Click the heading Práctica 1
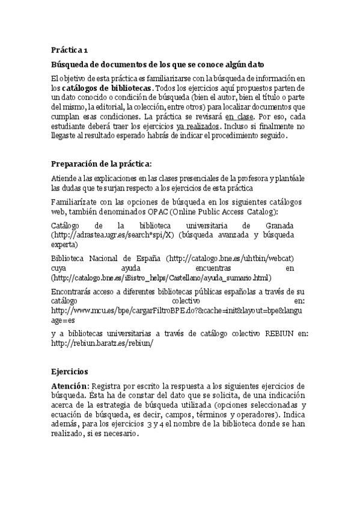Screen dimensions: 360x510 point(70,51)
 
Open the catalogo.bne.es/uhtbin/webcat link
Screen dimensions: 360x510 point(222,258)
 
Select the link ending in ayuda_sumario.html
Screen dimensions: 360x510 point(161,277)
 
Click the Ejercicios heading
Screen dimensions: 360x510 point(70,372)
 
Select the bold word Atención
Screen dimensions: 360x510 point(70,386)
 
